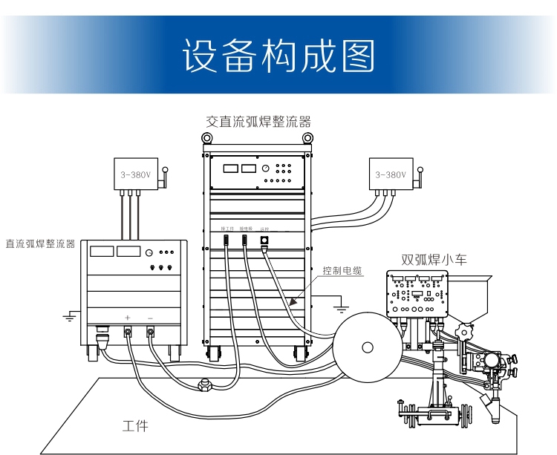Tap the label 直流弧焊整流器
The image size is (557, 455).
pyautogui.click(x=40, y=243)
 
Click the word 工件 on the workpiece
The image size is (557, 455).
pyautogui.click(x=135, y=426)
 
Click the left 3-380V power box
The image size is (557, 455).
pyautogui.click(x=135, y=175)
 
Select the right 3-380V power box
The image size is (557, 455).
pyautogui.click(x=390, y=175)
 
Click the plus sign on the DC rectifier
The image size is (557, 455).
pyautogui.click(x=128, y=318)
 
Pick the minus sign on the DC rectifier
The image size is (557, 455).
pyautogui.click(x=151, y=318)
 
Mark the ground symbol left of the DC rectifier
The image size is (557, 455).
pyautogui.click(x=68, y=317)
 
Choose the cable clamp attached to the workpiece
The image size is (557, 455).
pyautogui.click(x=202, y=384)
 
